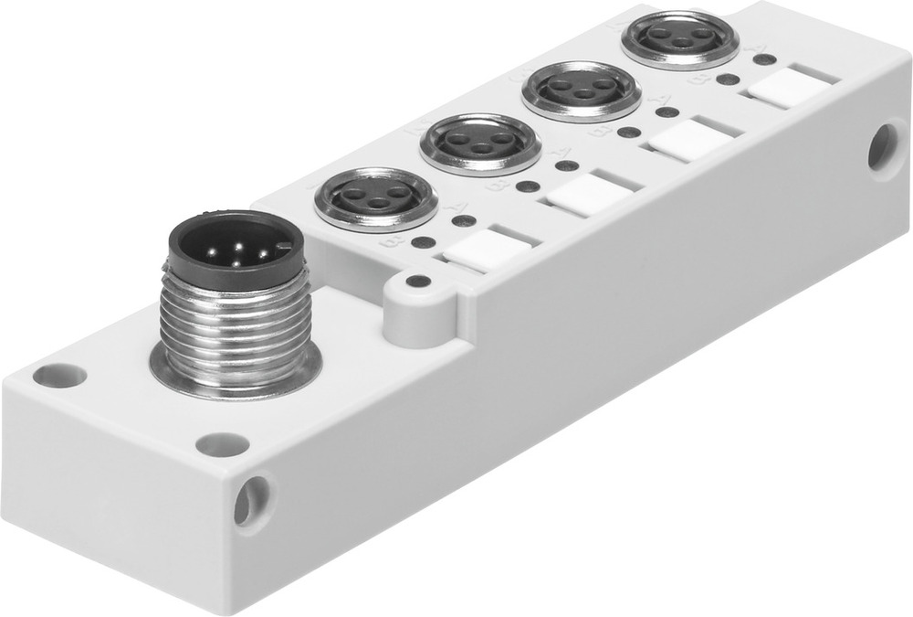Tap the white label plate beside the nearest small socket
coord(484,248)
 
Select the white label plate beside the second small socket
coord(585,191)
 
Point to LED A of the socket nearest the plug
coord(465,220)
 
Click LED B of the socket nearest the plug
coord(423,243)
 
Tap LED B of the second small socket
coord(527,186)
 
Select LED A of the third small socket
coord(667,112)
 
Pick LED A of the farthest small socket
coord(766,60)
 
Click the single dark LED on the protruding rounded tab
coord(418,282)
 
